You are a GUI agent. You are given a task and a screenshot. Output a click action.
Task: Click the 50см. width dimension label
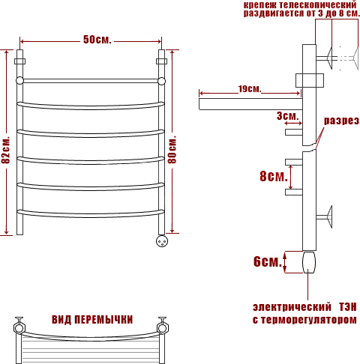pos(97,40)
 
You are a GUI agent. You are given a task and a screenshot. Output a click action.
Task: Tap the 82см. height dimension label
pos(6,150)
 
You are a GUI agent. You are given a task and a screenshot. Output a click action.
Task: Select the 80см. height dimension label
pos(172,150)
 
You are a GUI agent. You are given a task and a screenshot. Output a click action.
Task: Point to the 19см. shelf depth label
pos(249,88)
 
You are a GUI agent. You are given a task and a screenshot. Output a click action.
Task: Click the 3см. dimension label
pos(288,116)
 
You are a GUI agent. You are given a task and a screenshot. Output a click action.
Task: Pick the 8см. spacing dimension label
pos(274,176)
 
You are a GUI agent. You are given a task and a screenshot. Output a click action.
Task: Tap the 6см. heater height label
pos(268,261)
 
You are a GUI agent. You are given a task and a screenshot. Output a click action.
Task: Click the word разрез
pos(341,121)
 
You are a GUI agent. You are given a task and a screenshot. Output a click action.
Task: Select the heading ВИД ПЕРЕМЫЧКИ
pos(92,320)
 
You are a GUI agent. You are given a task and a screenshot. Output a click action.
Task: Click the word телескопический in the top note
pos(317,5)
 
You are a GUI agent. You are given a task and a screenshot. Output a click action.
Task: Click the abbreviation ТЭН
pos(347,307)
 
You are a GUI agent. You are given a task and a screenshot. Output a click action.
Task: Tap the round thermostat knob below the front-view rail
pos(162,241)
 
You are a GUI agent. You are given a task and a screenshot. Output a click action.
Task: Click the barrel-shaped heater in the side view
pos(309,262)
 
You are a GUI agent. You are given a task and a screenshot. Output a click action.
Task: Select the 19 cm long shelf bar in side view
pos(250,104)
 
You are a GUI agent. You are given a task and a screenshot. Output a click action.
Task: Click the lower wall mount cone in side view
pos(329,216)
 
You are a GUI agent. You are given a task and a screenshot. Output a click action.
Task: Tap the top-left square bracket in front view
pos(19,61)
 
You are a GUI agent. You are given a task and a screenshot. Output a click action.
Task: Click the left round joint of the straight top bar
pos(19,81)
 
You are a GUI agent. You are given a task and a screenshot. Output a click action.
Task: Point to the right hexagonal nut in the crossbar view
pos(163,328)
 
